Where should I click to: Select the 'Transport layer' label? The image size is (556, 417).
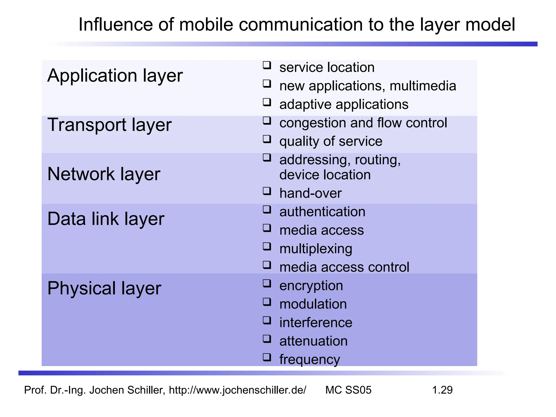coord(109,125)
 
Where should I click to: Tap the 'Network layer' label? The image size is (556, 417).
coord(104,174)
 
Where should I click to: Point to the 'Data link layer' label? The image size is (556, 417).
coord(106,219)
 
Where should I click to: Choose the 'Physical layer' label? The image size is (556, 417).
coord(104,288)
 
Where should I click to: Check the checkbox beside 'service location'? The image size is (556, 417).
coord(267,65)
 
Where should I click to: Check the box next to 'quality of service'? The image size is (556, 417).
coord(267,139)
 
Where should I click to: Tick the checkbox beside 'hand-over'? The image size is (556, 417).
coord(267,191)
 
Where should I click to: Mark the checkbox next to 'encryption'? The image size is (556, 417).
coord(267,283)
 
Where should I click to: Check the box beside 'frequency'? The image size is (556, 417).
coord(267,357)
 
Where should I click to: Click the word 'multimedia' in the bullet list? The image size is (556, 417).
coord(423,86)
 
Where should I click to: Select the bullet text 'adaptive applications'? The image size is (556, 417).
coord(344,105)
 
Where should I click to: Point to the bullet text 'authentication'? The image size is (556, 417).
coord(322,212)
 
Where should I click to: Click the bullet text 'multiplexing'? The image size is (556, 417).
coord(316,249)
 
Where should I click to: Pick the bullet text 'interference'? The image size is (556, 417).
coord(316,323)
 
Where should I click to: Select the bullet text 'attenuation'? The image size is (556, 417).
coord(313,341)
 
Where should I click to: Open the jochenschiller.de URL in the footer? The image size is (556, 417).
coord(238,390)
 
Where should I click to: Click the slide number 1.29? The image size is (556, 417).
coord(442,390)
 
